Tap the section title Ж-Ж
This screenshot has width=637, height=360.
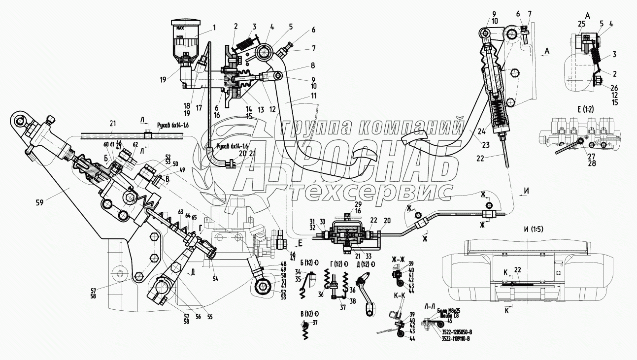[x=399, y=259]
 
